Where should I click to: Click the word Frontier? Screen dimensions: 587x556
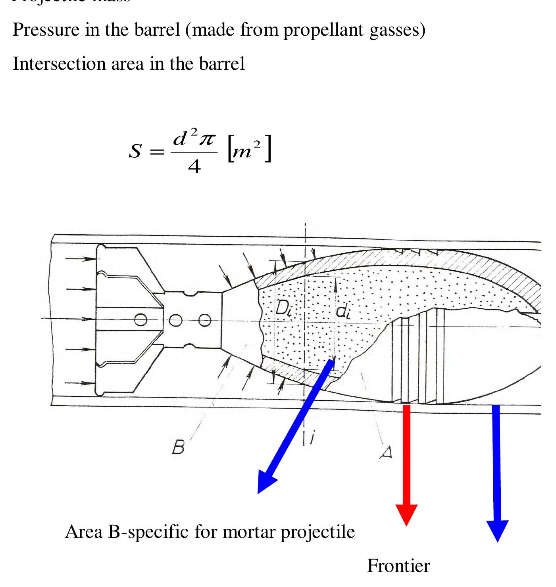(398, 566)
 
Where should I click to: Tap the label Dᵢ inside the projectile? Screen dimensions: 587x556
(284, 308)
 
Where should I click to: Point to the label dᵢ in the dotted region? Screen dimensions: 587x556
(343, 312)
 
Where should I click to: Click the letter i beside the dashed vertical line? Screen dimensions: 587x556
(312, 437)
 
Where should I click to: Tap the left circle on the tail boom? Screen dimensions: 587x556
(140, 319)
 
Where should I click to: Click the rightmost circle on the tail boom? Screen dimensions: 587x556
(204, 320)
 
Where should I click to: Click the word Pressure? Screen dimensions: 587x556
(46, 30)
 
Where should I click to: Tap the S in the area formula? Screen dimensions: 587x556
(135, 151)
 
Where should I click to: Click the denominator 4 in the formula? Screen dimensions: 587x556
(194, 167)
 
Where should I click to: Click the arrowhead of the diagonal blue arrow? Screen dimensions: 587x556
(265, 483)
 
